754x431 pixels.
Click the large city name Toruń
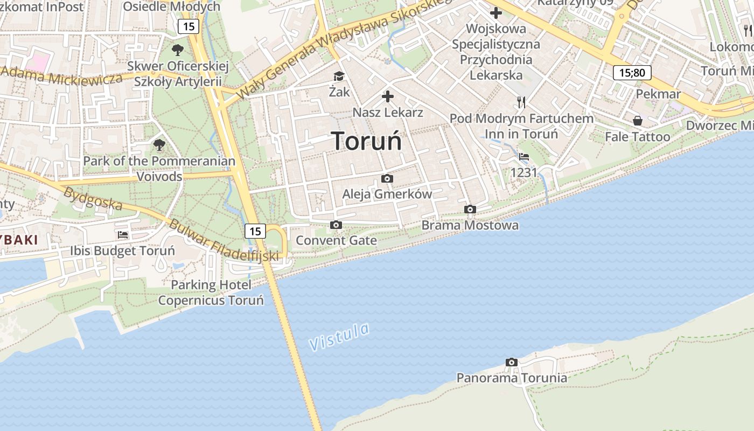click(366, 141)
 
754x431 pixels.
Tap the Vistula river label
click(340, 336)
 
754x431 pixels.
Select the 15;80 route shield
click(632, 73)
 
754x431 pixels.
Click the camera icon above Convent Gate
click(336, 225)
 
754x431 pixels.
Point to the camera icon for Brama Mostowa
click(470, 209)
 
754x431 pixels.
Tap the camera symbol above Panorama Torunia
click(512, 362)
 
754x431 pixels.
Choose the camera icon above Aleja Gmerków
click(387, 178)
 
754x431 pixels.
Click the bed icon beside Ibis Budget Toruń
click(123, 234)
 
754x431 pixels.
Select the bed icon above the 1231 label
click(523, 157)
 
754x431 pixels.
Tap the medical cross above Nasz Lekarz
click(387, 96)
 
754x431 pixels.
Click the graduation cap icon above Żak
click(339, 77)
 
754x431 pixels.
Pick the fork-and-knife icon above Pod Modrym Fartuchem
click(521, 102)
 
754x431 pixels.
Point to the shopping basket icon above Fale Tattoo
click(638, 121)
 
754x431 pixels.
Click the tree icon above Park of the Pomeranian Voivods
click(159, 144)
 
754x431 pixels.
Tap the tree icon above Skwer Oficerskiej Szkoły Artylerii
click(178, 50)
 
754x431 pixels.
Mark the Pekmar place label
click(658, 94)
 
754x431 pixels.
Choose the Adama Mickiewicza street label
click(62, 75)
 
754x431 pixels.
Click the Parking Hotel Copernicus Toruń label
click(211, 293)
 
